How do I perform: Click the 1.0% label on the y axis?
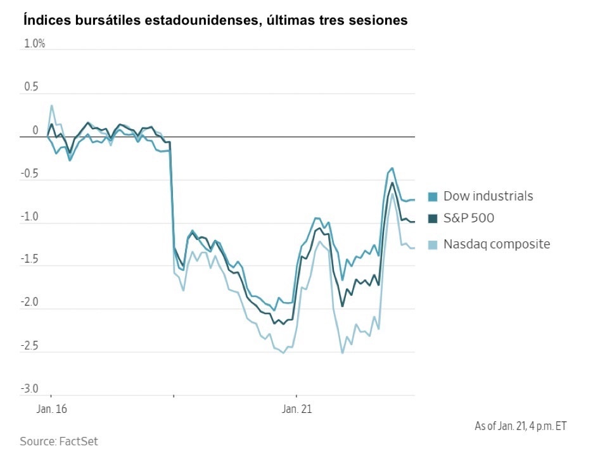pyautogui.click(x=34, y=44)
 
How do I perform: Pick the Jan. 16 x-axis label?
pyautogui.click(x=49, y=409)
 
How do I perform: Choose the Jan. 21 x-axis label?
pyautogui.click(x=296, y=409)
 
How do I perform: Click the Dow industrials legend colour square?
pyautogui.click(x=433, y=196)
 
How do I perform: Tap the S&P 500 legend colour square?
pyautogui.click(x=433, y=218)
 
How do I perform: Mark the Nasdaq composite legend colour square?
pyautogui.click(x=433, y=244)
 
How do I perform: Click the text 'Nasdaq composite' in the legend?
pyautogui.click(x=497, y=244)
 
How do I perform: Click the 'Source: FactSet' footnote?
pyautogui.click(x=59, y=441)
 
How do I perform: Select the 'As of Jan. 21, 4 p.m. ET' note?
pyautogui.click(x=521, y=426)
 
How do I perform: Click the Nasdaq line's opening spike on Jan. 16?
pyautogui.click(x=51, y=106)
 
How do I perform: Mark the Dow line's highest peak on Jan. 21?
pyautogui.click(x=392, y=168)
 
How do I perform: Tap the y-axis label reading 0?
pyautogui.click(x=35, y=130)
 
